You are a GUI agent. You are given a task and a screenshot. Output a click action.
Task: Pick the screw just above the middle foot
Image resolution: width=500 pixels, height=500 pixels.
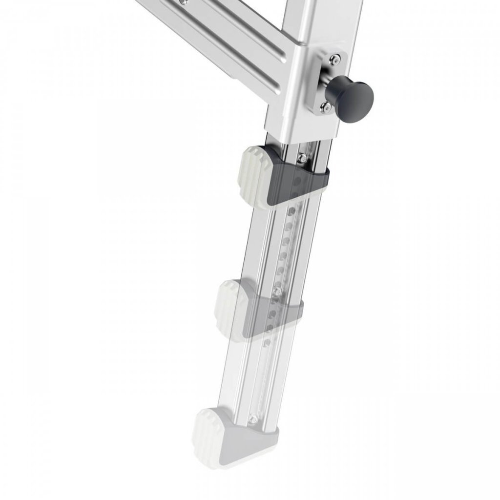point(278,291)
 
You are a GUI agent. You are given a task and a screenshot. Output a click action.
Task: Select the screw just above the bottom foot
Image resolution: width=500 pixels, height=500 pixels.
point(253,419)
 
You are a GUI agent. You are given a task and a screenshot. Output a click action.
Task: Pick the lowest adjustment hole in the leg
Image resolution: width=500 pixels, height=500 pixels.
point(267,343)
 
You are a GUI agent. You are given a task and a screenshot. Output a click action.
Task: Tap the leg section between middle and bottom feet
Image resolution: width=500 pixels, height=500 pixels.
point(254,376)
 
